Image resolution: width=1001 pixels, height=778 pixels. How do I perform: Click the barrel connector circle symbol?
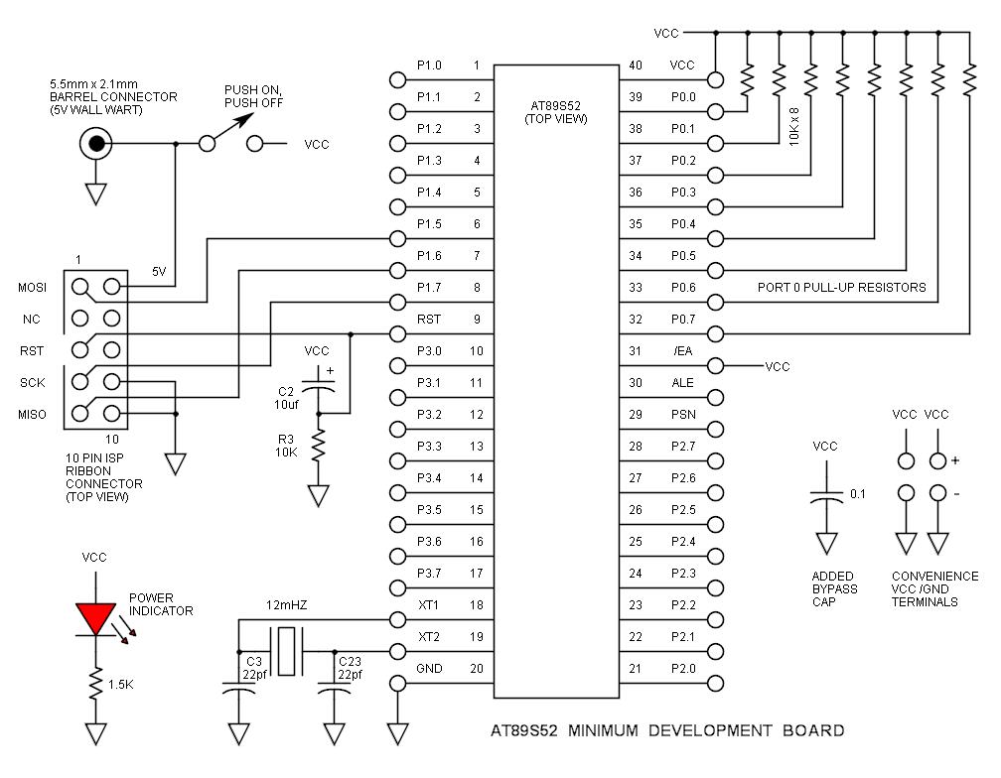[95, 145]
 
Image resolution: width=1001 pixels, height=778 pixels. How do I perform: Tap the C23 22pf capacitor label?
[350, 667]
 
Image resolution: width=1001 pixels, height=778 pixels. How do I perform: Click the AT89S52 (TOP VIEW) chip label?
[556, 111]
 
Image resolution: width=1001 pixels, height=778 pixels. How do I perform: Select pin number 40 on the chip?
[636, 65]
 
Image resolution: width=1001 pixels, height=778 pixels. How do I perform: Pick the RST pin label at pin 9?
[429, 320]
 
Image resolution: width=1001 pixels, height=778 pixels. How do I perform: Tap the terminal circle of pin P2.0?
[715, 683]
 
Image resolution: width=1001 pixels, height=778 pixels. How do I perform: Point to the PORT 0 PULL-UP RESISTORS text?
[840, 288]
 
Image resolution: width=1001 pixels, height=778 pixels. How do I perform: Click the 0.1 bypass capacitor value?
[857, 493]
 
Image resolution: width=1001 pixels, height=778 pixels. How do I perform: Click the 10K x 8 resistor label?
[794, 126]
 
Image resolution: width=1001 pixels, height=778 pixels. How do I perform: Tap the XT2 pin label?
[429, 637]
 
